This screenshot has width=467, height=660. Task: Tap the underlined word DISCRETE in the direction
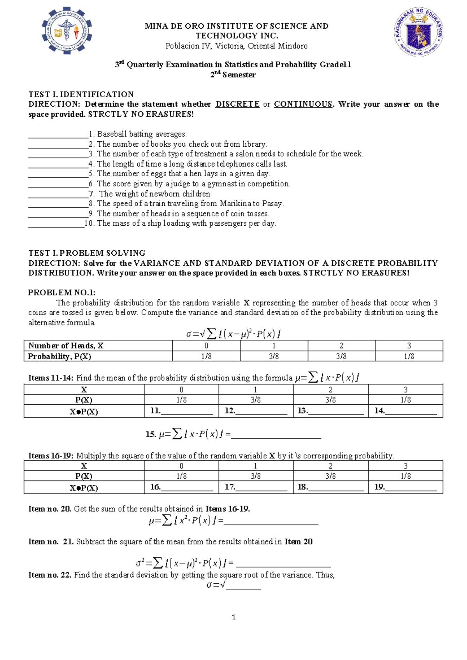coord(237,104)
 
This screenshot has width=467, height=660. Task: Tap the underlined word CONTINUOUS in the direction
coord(303,104)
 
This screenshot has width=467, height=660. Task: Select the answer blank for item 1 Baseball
coord(58,135)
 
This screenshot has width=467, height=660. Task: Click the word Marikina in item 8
coord(235,204)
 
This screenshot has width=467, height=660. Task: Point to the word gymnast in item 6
coord(221,184)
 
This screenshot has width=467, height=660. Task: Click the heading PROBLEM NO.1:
coord(61,293)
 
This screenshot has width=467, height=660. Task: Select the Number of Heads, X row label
coord(66,346)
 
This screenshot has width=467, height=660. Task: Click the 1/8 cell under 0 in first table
coord(206,356)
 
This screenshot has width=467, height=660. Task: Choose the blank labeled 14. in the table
coord(411,412)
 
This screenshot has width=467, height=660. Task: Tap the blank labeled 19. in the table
coord(411,488)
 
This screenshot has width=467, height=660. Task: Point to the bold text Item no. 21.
coord(51,542)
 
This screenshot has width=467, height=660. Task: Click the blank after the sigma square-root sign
coord(243,586)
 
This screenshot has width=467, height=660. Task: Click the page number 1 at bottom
coord(233,617)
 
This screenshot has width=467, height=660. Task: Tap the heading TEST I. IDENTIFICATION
coord(81,94)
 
